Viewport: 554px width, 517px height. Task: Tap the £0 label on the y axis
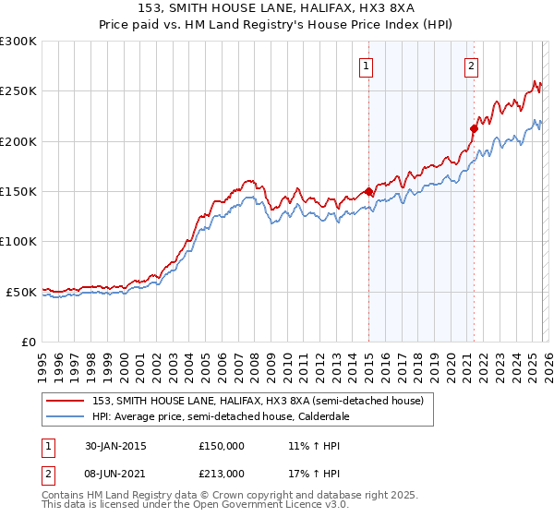[x=28, y=342]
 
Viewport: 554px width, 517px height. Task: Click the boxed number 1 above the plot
[x=367, y=66]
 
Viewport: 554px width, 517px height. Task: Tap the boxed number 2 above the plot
[x=472, y=66]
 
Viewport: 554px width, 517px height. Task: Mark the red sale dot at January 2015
[x=368, y=192]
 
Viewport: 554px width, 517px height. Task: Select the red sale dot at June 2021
[x=474, y=128]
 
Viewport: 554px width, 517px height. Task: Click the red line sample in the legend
[x=66, y=401]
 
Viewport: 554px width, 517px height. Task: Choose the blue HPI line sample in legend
[x=66, y=416]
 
